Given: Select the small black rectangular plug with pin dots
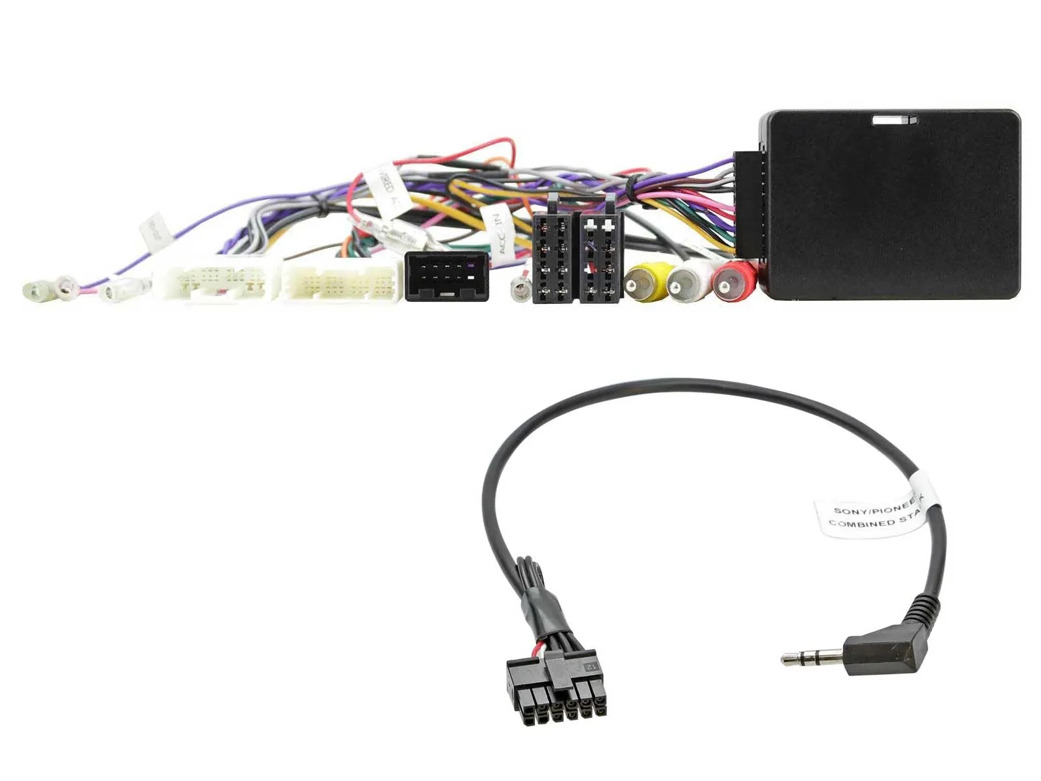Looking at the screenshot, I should pos(446,276).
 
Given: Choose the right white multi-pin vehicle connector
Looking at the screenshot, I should pos(341,281).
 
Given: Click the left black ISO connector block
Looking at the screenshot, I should pos(553,259).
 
